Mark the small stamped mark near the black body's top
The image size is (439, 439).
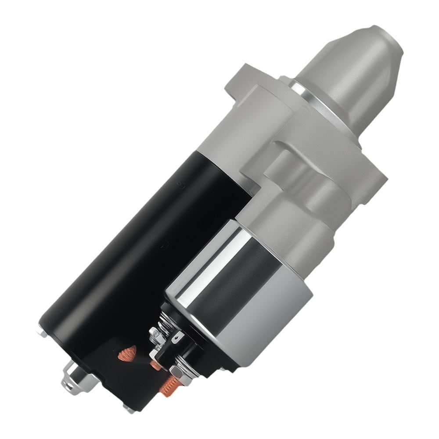tap(179, 186)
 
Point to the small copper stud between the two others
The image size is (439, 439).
tap(155, 364)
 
